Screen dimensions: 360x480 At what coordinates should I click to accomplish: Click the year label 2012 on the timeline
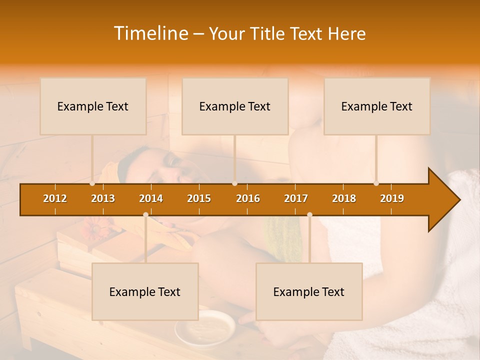click(x=55, y=198)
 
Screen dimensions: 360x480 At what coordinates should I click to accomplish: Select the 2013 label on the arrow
click(x=103, y=198)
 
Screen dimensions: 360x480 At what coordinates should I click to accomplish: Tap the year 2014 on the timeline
click(x=151, y=198)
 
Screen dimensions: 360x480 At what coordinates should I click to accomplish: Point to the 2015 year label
click(x=199, y=198)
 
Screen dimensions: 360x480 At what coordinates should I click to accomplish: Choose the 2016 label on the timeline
click(x=248, y=198)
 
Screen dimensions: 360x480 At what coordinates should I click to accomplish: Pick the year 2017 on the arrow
click(x=296, y=198)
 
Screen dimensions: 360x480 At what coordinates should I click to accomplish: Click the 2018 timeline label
click(x=344, y=198)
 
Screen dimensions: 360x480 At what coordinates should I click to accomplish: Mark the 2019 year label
click(x=392, y=198)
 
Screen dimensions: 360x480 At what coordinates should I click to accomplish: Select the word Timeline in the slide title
click(x=150, y=33)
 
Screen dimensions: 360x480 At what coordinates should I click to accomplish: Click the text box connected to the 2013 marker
click(x=93, y=106)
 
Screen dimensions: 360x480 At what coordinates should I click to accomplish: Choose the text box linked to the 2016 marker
click(x=235, y=106)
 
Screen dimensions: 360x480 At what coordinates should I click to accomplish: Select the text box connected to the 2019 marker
click(x=377, y=106)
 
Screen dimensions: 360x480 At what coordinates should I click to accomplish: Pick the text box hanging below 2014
click(x=145, y=291)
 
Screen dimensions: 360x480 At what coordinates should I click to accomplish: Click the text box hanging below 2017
click(x=309, y=291)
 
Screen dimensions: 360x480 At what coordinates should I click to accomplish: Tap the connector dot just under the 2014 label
click(x=145, y=214)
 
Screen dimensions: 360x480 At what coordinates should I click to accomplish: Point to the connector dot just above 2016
click(x=234, y=183)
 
